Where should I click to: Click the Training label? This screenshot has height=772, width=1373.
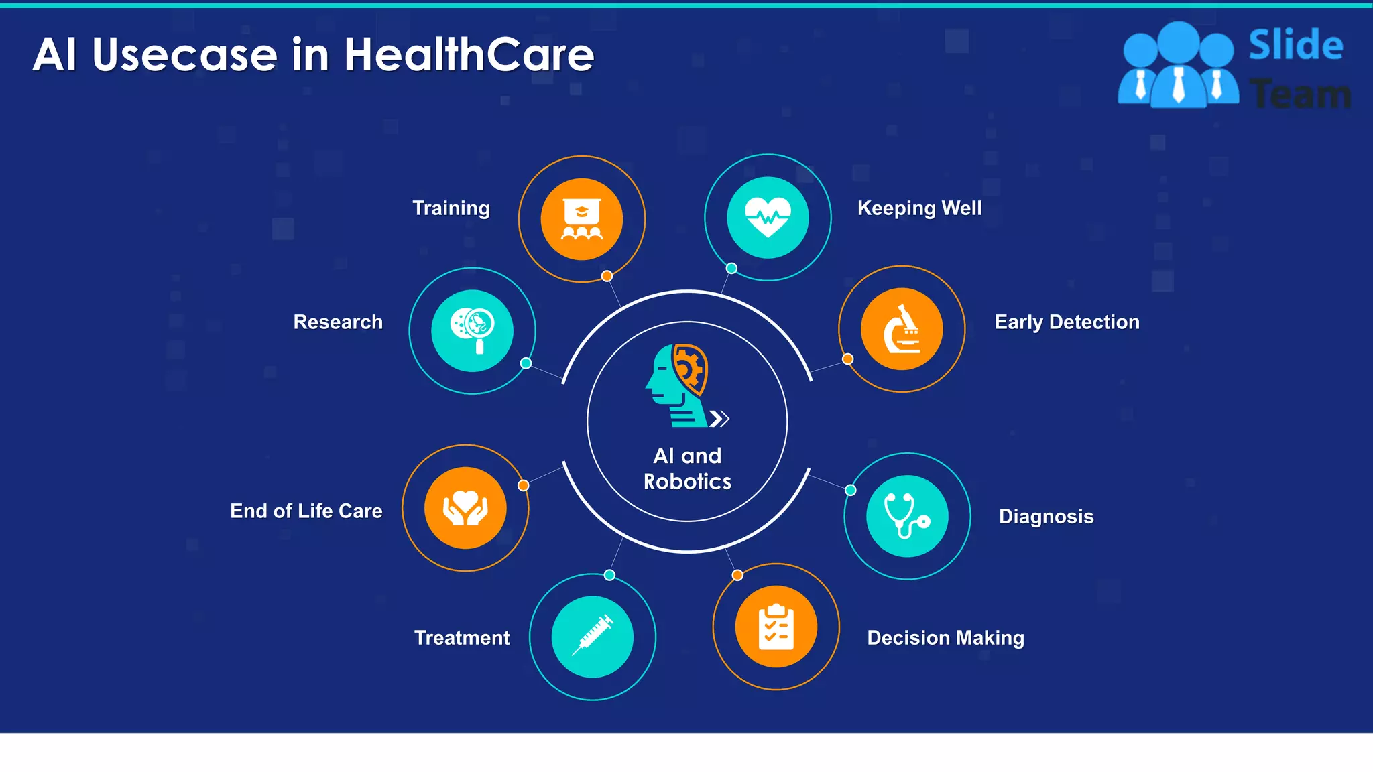451,208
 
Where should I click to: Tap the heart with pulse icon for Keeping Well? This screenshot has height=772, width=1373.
768,218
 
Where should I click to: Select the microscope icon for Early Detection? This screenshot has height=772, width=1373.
902,329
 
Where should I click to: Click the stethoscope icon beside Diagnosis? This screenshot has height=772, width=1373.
907,516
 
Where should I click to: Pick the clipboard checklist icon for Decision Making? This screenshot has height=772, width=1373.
776,627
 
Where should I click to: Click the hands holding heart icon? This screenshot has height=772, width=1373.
465,508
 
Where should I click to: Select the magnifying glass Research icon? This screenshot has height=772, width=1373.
472,330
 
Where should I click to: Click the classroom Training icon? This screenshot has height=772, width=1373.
582,219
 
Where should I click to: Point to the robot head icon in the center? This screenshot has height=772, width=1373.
677,385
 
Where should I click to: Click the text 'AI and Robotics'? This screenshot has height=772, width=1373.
687,468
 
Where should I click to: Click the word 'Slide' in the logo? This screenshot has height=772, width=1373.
1295,45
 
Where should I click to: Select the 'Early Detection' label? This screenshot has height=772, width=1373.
1067,322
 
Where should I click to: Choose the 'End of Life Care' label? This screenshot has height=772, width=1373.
306,511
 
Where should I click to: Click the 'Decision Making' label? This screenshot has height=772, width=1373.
945,638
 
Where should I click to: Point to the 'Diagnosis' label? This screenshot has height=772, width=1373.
1046,517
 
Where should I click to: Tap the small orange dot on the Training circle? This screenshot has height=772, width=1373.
607,276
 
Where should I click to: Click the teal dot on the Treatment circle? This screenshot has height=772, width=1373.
609,575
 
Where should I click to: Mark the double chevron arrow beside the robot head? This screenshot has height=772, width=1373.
719,419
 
